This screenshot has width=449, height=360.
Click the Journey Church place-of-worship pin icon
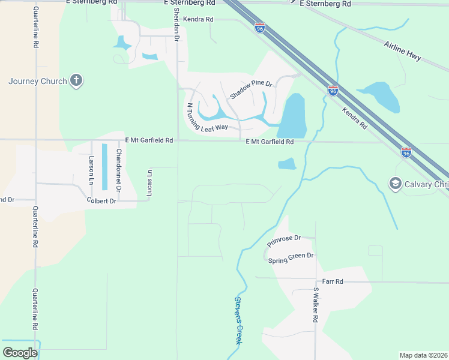click(76, 80)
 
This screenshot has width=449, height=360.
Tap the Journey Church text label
click(38, 81)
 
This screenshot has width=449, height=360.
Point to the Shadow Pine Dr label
click(251, 89)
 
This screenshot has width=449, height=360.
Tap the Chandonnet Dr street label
click(118, 170)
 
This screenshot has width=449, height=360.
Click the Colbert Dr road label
click(101, 201)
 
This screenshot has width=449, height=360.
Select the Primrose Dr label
click(283, 242)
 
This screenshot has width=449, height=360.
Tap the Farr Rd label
click(332, 281)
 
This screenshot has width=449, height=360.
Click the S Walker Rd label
click(315, 306)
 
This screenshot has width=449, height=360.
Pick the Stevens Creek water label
click(238, 320)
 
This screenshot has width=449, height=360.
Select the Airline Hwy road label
click(403, 51)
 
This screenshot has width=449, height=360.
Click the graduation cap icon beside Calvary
click(395, 183)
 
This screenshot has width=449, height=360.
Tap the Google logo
click(20, 352)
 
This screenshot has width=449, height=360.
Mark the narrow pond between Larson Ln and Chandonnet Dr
click(105, 164)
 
